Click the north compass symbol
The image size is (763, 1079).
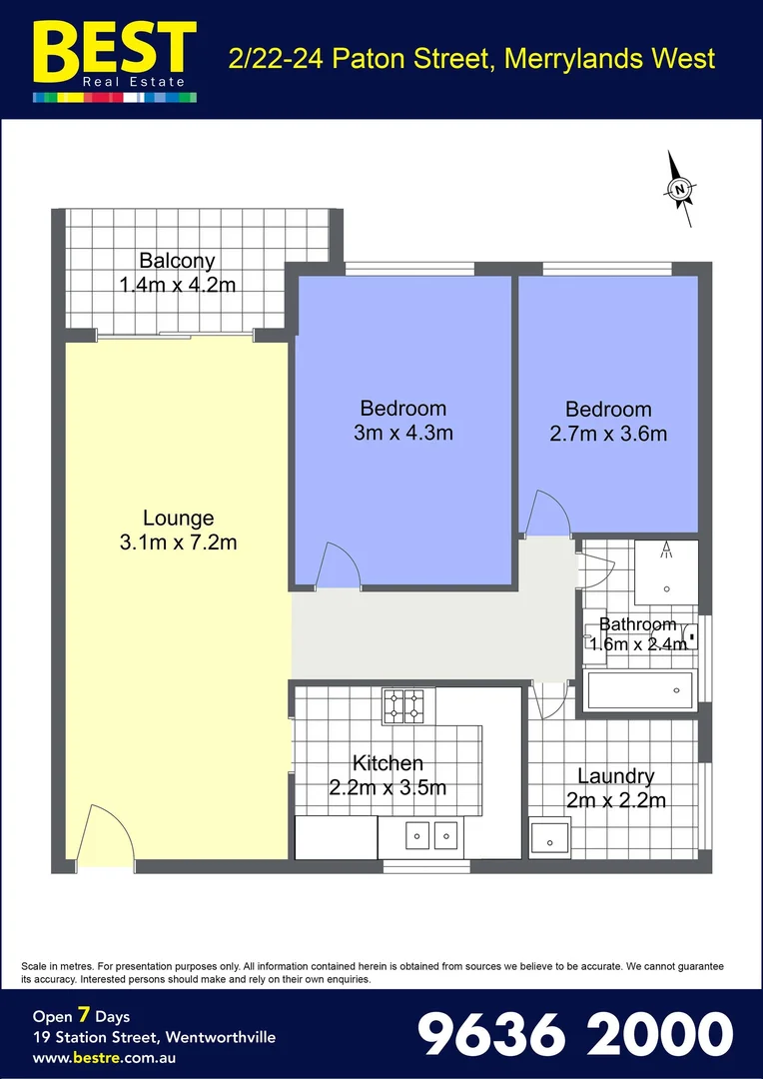click(681, 187)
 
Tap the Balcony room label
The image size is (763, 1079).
click(177, 262)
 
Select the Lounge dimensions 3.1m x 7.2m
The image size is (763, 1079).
click(178, 542)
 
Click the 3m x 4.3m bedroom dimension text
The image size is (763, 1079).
click(402, 433)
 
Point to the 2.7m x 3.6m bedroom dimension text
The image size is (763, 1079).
click(608, 434)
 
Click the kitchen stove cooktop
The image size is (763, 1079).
click(403, 705)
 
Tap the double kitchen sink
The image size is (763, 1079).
click(431, 833)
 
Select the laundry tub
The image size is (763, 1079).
click(549, 837)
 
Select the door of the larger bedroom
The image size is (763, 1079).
click(338, 567)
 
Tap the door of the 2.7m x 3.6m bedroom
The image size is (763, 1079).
click(547, 514)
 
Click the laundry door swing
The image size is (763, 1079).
click(550, 699)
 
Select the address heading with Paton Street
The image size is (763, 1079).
click(471, 58)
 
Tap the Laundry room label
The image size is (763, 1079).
click(615, 776)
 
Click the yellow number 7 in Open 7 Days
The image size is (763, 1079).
click(86, 1016)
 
